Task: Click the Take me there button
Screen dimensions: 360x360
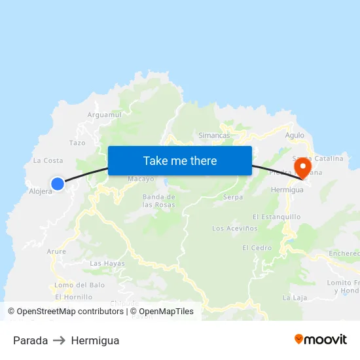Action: (180, 160)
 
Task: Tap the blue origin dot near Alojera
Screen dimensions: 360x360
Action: (58, 184)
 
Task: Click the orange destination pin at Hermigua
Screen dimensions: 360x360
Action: (302, 168)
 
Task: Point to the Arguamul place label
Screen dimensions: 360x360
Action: (105, 115)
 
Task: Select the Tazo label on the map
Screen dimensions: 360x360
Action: (77, 143)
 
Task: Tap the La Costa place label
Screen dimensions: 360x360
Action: (48, 160)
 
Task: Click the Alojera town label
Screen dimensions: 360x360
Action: (41, 192)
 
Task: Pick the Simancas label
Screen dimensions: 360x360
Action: (214, 135)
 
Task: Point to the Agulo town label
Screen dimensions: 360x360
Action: (295, 135)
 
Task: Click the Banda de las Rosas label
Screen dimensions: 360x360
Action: (159, 200)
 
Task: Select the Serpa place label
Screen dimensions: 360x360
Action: (233, 197)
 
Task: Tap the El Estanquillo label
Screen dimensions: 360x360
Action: (276, 217)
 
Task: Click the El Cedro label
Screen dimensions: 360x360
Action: (257, 248)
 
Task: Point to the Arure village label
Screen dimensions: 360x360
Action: (56, 251)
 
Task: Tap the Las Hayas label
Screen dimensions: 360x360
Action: (107, 263)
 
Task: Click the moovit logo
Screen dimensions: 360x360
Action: (320, 340)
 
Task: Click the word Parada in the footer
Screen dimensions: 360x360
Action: (30, 340)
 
